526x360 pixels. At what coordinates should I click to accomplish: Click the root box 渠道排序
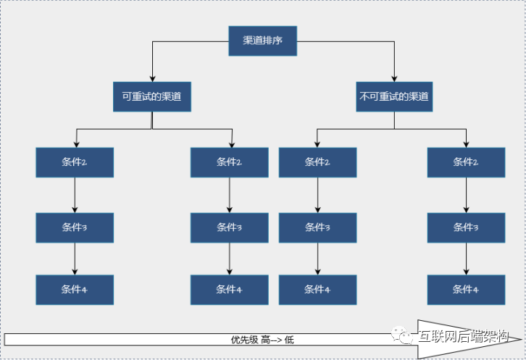[x=262, y=41]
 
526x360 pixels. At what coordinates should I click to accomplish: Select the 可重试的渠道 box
[x=152, y=96]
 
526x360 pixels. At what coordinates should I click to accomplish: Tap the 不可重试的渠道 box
[x=394, y=96]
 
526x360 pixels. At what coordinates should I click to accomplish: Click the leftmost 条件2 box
[x=75, y=162]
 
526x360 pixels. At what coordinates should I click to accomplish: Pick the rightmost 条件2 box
[x=466, y=162]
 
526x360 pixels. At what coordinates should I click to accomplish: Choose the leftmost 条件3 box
[x=75, y=227]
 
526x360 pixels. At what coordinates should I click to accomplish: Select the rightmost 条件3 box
[x=466, y=227]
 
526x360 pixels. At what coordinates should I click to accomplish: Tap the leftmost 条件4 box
[x=75, y=290]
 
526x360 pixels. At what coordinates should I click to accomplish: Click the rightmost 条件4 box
[x=466, y=290]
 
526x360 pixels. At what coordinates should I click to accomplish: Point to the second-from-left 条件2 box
[x=229, y=162]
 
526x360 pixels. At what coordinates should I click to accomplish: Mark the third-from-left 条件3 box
[x=317, y=227]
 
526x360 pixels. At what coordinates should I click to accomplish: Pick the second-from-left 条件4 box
[x=229, y=290]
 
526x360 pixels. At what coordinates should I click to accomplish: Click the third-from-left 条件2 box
[x=317, y=162]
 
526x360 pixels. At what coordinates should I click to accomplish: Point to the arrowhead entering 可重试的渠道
[x=152, y=78]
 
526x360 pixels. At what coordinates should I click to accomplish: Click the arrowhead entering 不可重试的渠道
[x=395, y=78]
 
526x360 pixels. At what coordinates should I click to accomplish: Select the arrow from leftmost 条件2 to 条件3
[x=75, y=195]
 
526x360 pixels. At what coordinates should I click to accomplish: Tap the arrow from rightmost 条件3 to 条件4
[x=466, y=259]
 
